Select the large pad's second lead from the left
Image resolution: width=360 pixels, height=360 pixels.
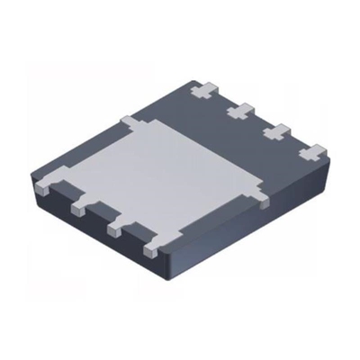click(x=80, y=207)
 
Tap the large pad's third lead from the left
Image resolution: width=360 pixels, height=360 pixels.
click(x=115, y=228)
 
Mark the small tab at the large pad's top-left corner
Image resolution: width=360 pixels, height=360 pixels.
click(x=128, y=119)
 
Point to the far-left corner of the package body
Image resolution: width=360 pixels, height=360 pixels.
click(x=34, y=180)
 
